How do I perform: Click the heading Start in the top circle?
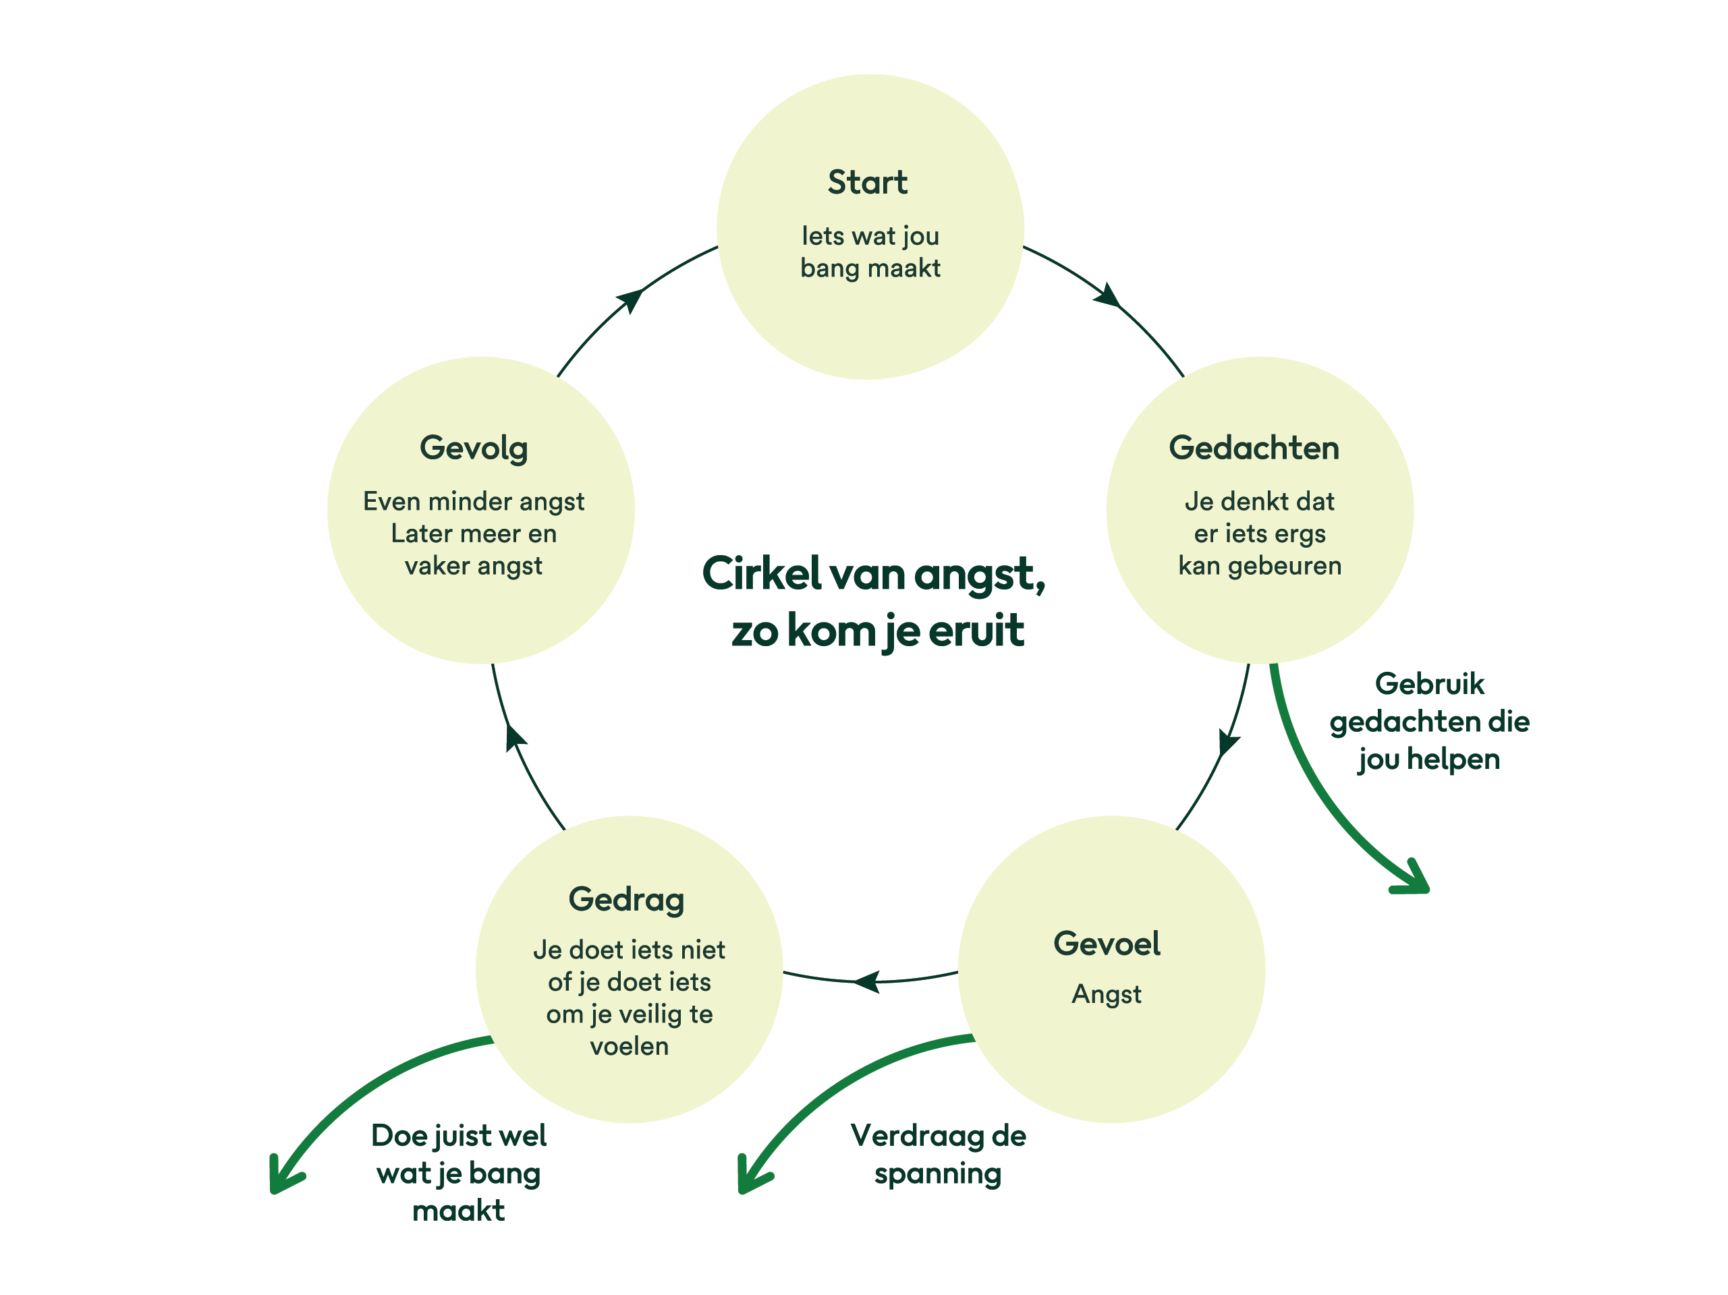(x=867, y=183)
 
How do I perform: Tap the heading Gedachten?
(x=1254, y=449)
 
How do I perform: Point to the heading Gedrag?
(x=627, y=900)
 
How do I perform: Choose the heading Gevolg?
(x=474, y=449)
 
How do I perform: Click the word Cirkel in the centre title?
(x=762, y=574)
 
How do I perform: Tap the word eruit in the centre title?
(x=976, y=631)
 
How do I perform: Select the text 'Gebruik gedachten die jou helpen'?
(x=1430, y=722)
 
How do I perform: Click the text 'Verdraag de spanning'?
(x=937, y=1155)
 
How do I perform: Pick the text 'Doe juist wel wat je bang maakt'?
(x=459, y=1173)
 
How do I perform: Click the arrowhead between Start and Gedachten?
(x=1109, y=295)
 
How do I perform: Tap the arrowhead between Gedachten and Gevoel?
(x=1228, y=742)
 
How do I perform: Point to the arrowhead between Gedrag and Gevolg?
(x=514, y=736)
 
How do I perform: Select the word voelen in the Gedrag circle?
(x=629, y=1047)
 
